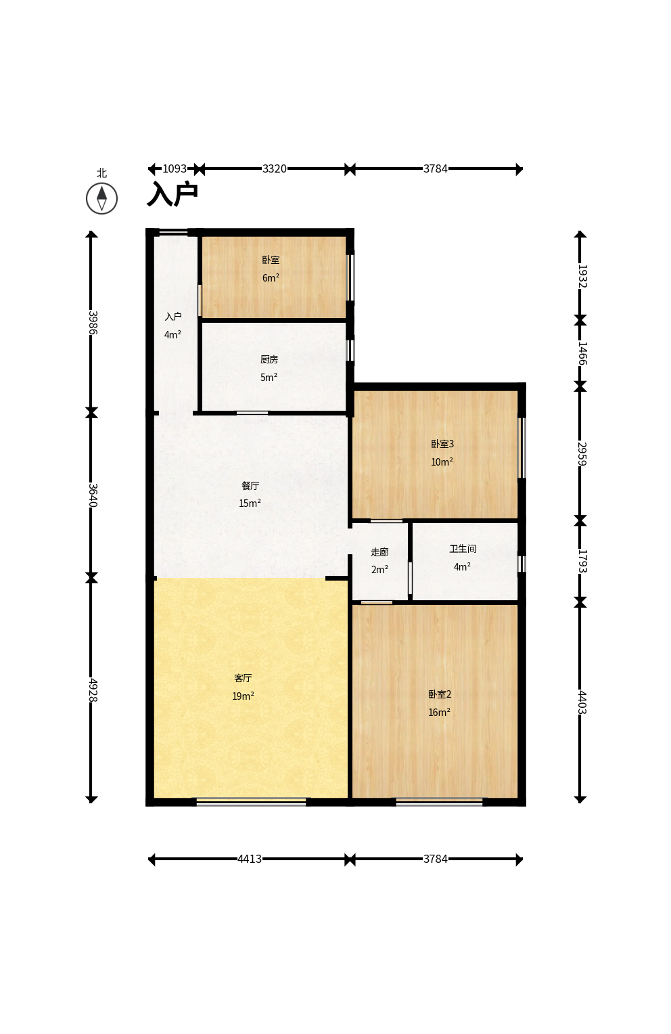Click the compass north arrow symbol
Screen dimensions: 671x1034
[x=101, y=198]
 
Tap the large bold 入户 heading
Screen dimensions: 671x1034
[x=172, y=194]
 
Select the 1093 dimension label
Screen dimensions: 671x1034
[x=175, y=169]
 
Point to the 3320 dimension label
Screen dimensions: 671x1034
[x=275, y=169]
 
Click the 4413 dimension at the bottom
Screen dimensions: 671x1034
[x=250, y=859]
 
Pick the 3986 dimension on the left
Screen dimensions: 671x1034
[x=93, y=323]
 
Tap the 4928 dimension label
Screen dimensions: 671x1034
[x=93, y=690]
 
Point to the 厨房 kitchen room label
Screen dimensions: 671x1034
[x=269, y=359]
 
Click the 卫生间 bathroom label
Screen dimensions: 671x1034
[x=463, y=548]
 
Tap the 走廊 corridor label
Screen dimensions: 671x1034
[x=379, y=552]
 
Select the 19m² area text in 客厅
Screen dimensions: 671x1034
[x=244, y=696]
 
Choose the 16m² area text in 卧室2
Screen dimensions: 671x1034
[x=440, y=713]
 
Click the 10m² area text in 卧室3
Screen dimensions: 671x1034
[x=442, y=462]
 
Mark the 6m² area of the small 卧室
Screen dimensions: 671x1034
[x=271, y=277]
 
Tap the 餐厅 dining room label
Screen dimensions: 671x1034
[x=250, y=486]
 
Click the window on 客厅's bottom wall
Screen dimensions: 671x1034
[x=252, y=803]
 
